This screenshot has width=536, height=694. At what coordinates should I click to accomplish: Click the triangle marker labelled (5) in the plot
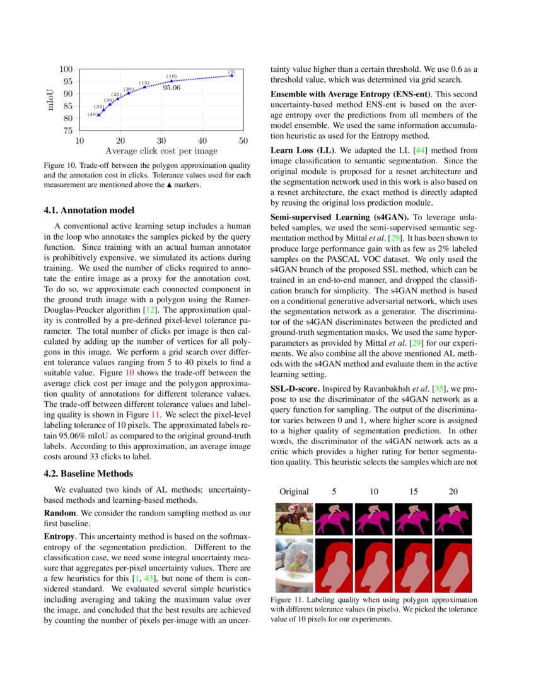click(x=232, y=76)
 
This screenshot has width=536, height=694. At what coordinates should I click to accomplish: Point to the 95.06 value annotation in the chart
click(x=172, y=88)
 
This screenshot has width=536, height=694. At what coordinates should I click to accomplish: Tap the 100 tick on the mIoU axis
click(x=66, y=69)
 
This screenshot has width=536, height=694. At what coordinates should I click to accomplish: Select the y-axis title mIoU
click(x=51, y=100)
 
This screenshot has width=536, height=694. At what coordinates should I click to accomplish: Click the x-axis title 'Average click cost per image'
click(x=161, y=151)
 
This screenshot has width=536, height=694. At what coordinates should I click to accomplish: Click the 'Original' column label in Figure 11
click(x=294, y=491)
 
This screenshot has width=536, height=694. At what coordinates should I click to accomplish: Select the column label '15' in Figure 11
click(x=413, y=491)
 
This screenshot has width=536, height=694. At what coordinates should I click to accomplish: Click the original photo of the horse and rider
click(x=294, y=519)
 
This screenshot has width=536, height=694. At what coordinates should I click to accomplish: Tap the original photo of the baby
click(x=294, y=565)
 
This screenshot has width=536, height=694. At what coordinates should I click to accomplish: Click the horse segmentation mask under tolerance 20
click(x=453, y=519)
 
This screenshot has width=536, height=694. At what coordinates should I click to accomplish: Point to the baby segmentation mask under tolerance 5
click(x=334, y=565)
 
